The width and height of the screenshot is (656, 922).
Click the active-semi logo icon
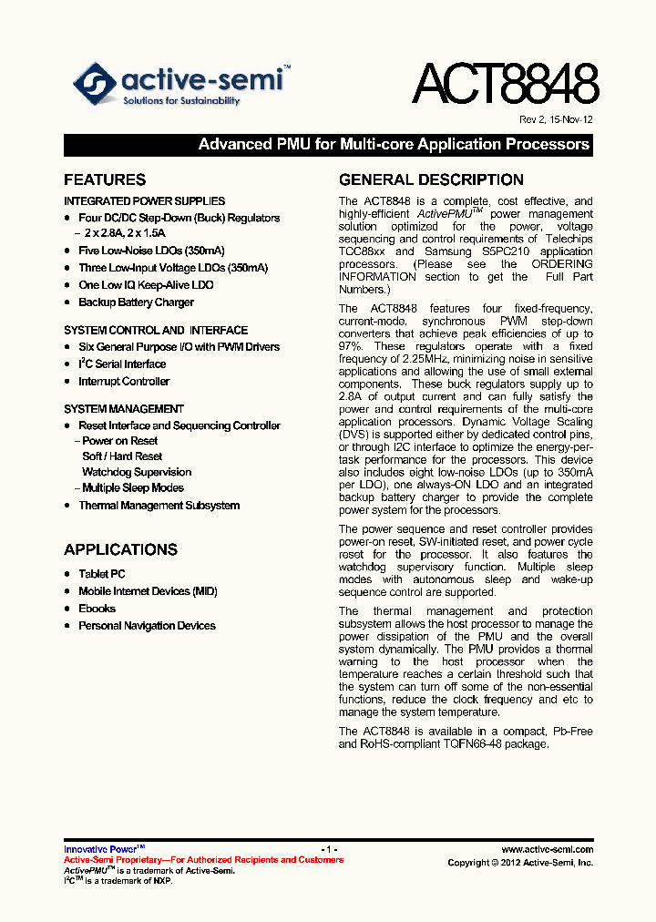pos(95,85)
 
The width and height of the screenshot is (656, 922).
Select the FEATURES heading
pos(105,180)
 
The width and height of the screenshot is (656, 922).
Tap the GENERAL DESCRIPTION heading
pos(431,180)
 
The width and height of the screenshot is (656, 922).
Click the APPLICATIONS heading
pos(120,549)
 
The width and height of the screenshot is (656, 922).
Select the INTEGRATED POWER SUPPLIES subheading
pos(144,201)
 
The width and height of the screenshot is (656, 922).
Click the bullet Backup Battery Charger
pos(136,302)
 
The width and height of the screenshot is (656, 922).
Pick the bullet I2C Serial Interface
pos(122,364)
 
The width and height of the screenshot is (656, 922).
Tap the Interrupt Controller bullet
pos(124,382)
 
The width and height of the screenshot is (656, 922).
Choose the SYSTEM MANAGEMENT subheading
pos(124,409)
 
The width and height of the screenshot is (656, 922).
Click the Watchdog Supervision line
pos(137,472)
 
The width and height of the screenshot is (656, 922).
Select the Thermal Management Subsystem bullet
pos(159,506)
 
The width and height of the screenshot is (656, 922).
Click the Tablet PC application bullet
pos(102,574)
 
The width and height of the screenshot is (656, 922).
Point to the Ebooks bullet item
pos(97,609)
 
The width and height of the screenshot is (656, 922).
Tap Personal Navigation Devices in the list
pos(147,626)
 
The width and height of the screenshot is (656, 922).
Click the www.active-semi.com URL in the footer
pos(547,849)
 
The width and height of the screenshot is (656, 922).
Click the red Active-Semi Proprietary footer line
pos(203,860)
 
